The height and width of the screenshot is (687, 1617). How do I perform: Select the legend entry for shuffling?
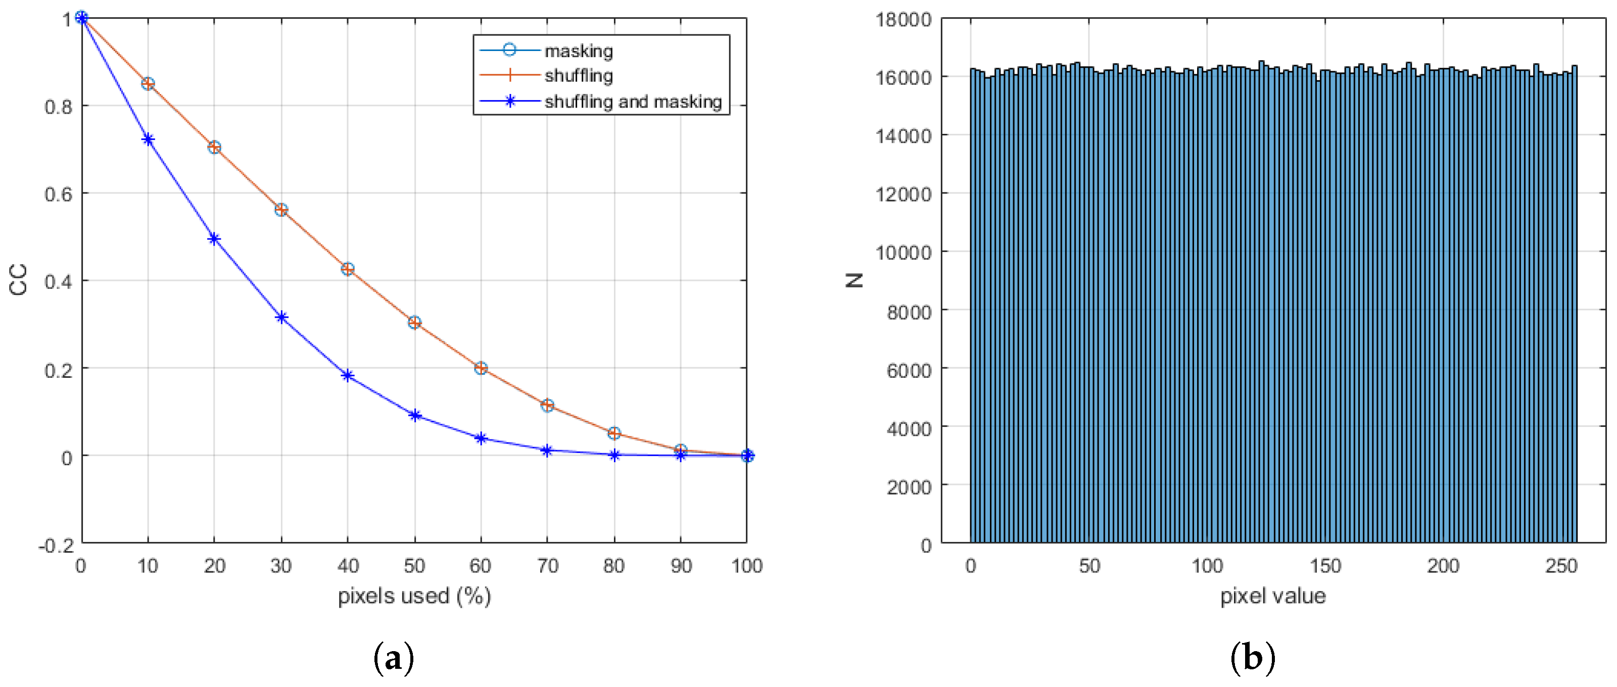[x=578, y=76]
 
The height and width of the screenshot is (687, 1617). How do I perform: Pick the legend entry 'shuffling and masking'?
[x=632, y=102]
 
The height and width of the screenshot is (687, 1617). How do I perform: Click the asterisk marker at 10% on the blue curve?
[x=148, y=139]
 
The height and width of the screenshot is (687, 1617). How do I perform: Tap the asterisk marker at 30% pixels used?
[x=281, y=317]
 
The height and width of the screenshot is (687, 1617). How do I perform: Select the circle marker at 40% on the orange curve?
[x=348, y=269]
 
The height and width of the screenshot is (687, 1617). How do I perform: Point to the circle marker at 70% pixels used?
[x=547, y=405]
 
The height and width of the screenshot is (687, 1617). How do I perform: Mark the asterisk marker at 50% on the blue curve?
[x=414, y=415]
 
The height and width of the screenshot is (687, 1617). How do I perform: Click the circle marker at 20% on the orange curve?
[x=214, y=148]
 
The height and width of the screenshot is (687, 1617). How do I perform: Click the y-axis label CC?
[x=19, y=280]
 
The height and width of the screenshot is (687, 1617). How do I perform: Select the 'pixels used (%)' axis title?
[x=414, y=596]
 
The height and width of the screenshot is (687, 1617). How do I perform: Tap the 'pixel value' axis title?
[x=1273, y=596]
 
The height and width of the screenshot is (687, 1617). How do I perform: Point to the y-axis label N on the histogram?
[x=855, y=280]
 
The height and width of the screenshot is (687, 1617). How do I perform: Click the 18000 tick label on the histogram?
[x=903, y=20]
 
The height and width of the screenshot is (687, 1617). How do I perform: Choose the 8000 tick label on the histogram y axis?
[x=909, y=312]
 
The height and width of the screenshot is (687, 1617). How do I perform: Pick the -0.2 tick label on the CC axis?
[x=56, y=545]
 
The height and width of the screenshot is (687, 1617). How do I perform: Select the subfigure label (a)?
[x=394, y=658]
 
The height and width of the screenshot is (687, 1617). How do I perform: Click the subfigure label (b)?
[x=1252, y=658]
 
